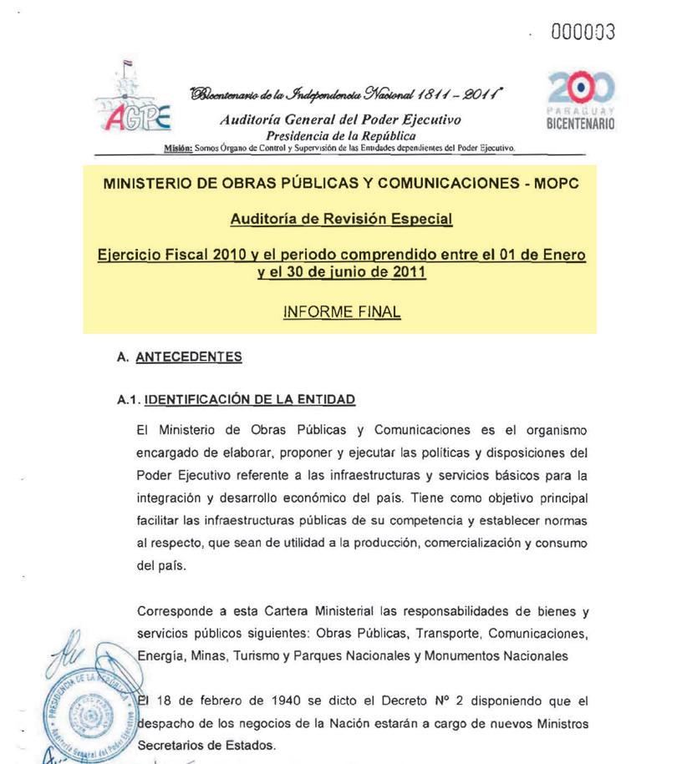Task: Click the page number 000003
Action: click(x=583, y=33)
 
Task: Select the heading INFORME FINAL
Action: click(x=341, y=312)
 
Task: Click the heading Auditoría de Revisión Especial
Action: click(x=341, y=219)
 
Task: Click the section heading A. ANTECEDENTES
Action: click(x=180, y=357)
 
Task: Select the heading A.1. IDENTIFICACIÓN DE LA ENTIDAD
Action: click(x=237, y=400)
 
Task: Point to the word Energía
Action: click(x=160, y=656)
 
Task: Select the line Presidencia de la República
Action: click(x=340, y=135)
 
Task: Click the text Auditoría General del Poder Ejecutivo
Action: click(x=340, y=120)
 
